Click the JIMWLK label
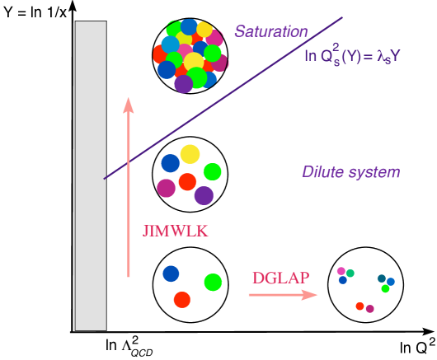pyautogui.click(x=175, y=231)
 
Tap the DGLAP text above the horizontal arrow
pyautogui.click(x=280, y=276)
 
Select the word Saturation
pyautogui.click(x=270, y=32)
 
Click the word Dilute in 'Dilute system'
pyautogui.click(x=322, y=172)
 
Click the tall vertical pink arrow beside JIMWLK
pyautogui.click(x=129, y=189)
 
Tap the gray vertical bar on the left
pyautogui.click(x=91, y=175)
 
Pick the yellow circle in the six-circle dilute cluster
pyautogui.click(x=190, y=154)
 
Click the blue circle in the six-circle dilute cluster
pyautogui.click(x=170, y=163)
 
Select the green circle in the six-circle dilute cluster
pyautogui.click(x=213, y=171)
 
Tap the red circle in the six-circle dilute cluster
pyautogui.click(x=188, y=181)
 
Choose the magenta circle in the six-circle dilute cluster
pyautogui.click(x=167, y=188)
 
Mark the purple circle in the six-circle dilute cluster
pyautogui.click(x=204, y=195)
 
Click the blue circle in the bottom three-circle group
pyautogui.click(x=171, y=274)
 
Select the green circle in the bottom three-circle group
pyautogui.click(x=213, y=282)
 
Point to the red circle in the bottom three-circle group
pyautogui.click(x=182, y=299)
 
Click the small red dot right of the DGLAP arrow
pyautogui.click(x=359, y=306)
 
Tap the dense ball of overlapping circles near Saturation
pyautogui.click(x=190, y=54)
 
